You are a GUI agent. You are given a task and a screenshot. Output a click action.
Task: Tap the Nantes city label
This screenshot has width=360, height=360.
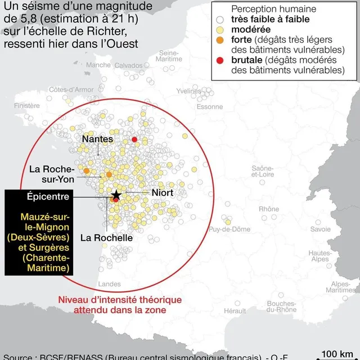click(x=98, y=139)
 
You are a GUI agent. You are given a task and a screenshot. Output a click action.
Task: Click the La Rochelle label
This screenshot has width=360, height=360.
click(x=106, y=237)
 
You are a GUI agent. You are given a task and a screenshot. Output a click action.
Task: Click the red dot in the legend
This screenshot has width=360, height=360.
click(x=219, y=60)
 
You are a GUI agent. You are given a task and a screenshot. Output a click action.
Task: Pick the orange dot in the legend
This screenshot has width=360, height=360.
click(x=219, y=39)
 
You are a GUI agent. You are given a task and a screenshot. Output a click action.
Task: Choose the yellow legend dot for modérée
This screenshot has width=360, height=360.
click(x=219, y=29)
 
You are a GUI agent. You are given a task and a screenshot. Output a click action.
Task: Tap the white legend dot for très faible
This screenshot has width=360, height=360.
click(x=219, y=19)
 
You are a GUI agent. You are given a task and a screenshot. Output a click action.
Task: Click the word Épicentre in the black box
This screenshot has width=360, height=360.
click(x=48, y=197)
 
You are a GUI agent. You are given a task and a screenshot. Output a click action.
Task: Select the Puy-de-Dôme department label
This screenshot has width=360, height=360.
click(x=229, y=229)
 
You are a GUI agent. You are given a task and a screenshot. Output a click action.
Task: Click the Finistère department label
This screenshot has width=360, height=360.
click(x=27, y=105)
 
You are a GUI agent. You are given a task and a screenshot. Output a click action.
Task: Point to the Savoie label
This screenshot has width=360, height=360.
click(x=321, y=229)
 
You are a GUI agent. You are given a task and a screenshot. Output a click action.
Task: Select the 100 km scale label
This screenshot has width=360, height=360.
click(x=337, y=354)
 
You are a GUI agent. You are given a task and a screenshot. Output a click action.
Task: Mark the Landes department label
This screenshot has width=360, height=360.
click(x=109, y=284)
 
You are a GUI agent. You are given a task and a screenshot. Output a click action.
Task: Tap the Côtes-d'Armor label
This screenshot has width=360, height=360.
click(x=71, y=89)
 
